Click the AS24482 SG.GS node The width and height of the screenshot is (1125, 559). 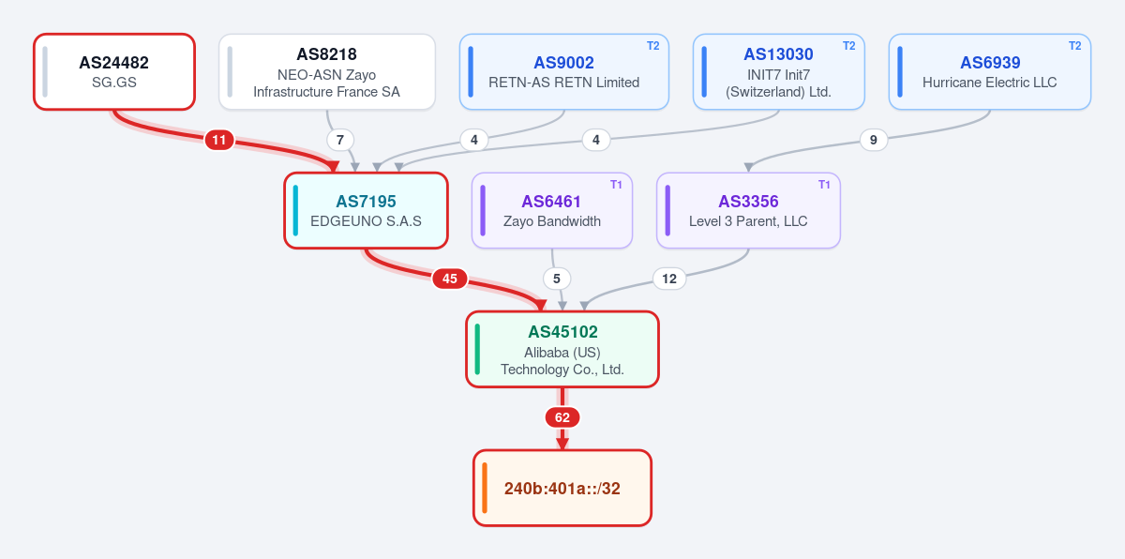tap(114, 72)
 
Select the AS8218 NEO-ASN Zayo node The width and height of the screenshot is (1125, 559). tap(327, 72)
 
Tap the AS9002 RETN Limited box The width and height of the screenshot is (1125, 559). tap(564, 72)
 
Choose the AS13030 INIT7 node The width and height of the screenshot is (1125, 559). tap(778, 72)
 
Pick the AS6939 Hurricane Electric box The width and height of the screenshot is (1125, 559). tap(990, 72)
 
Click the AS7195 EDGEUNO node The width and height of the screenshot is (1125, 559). tap(367, 210)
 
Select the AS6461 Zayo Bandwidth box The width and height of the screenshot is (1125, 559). tap(552, 210)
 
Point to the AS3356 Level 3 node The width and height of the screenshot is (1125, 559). tap(748, 210)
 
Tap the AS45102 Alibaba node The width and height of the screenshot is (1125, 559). tap(562, 350)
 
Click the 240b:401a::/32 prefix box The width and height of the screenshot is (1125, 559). tap(562, 488)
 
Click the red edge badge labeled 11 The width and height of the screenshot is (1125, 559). tap(219, 140)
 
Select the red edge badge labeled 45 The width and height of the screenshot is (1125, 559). tap(450, 279)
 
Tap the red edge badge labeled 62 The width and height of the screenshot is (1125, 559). tap(562, 417)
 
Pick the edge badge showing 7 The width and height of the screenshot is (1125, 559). tap(340, 140)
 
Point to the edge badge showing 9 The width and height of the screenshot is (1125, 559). tap(874, 140)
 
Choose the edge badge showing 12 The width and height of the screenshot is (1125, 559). tap(669, 279)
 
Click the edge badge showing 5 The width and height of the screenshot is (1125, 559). tap(557, 279)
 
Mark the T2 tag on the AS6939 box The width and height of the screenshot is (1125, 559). tap(1074, 46)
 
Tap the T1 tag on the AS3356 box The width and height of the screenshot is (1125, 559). tap(824, 185)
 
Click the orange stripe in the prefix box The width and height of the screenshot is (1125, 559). tap(485, 488)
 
